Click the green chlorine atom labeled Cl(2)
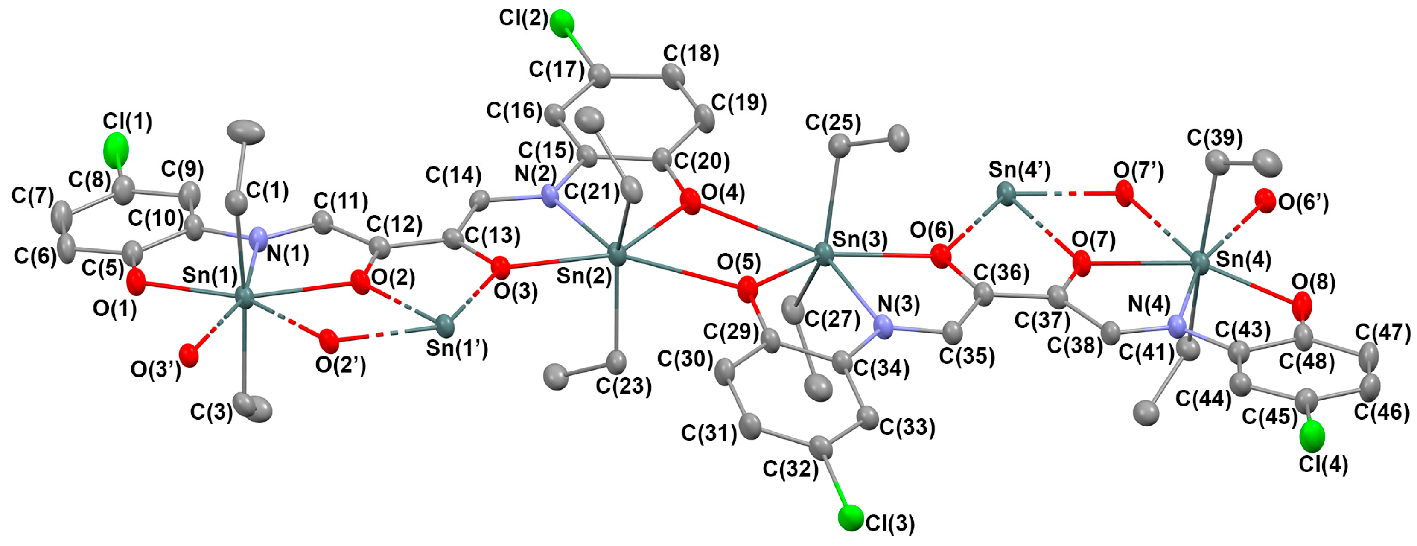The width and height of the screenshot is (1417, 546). coord(562,23)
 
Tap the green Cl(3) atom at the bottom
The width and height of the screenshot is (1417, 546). coord(851,517)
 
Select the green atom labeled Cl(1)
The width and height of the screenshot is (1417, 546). coord(116,150)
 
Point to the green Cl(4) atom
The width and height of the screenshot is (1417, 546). coord(1312,435)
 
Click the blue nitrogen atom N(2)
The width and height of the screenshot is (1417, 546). coord(550,196)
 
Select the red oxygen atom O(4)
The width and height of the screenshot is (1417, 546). coord(690,201)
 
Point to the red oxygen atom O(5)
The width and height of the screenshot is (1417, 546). coord(746,289)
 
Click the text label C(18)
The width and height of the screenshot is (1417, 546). coord(691,54)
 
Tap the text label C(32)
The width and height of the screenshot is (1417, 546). coord(790,469)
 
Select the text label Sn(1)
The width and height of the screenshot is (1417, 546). coord(210,275)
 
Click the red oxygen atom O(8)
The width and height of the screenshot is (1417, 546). coord(1301,306)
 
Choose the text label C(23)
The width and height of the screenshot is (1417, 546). coord(623,386)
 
